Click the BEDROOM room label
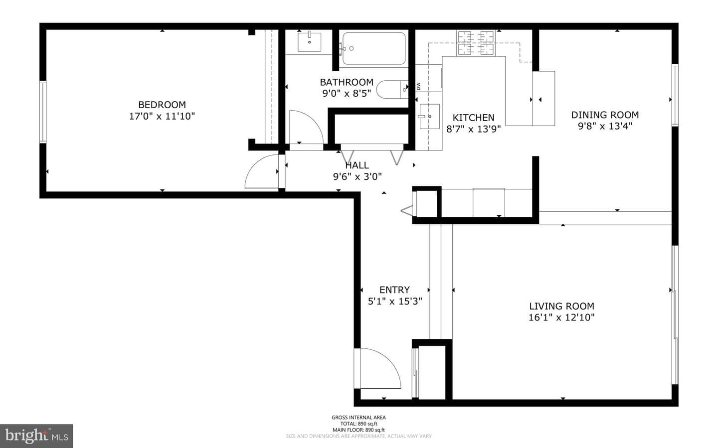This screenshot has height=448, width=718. pos(162,105)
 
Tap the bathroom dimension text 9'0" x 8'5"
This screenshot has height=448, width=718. pos(347,93)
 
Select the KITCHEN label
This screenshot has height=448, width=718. pos(474,118)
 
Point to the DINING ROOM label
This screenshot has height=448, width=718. pos(605,115)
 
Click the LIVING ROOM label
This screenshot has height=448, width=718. pos(561,306)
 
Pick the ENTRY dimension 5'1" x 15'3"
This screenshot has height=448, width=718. pos(395,301)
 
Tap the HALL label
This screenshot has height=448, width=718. pos(357,165)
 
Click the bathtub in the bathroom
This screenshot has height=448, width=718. pos(374,48)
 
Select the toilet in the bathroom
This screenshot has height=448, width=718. pos(392,89)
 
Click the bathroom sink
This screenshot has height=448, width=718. pos(309,42)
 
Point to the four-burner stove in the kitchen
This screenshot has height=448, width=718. pos(476,43)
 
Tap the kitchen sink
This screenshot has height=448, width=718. pos(429,116)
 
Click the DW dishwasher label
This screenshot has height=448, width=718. pos(418,86)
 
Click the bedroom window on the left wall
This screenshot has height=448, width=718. pos(43,112)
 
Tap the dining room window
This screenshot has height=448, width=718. pos(675,95)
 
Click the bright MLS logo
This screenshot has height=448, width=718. pos(36,436)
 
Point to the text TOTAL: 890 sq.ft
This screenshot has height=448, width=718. pos(359,424)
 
